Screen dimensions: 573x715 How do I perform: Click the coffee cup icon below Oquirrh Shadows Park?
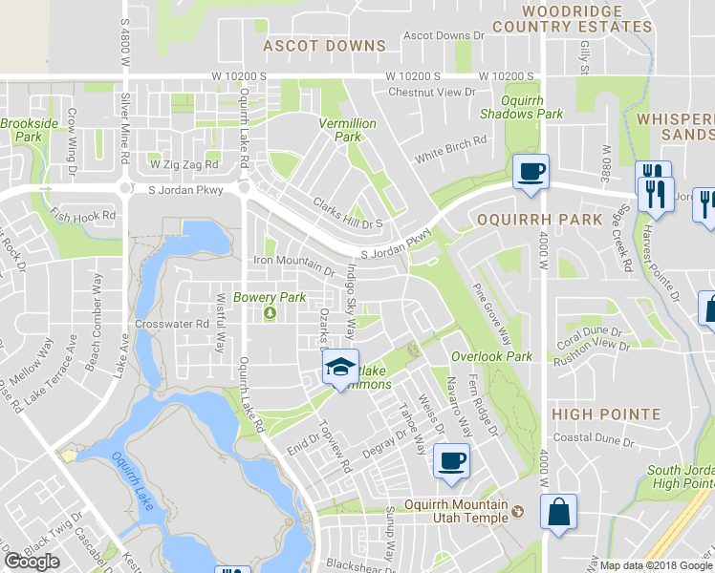coord(531,173)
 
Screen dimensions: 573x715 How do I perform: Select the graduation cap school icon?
coord(338,367)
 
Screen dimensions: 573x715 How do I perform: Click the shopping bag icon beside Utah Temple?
coord(558,511)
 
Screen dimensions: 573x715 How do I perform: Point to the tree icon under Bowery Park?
coord(270,313)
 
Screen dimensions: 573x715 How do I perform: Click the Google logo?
coord(32,561)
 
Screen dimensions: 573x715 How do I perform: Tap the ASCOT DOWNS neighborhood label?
coord(324,46)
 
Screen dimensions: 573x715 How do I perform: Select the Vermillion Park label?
coord(340,130)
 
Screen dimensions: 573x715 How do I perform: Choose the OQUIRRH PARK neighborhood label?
coord(525,220)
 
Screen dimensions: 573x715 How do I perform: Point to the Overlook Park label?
coord(491,356)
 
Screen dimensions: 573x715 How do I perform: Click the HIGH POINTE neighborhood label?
coord(606,414)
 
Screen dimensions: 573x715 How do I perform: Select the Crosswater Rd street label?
coord(172,324)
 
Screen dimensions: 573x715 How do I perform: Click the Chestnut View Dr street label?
coord(431,93)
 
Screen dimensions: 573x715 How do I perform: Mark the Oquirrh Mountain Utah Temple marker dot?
coord(519,511)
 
